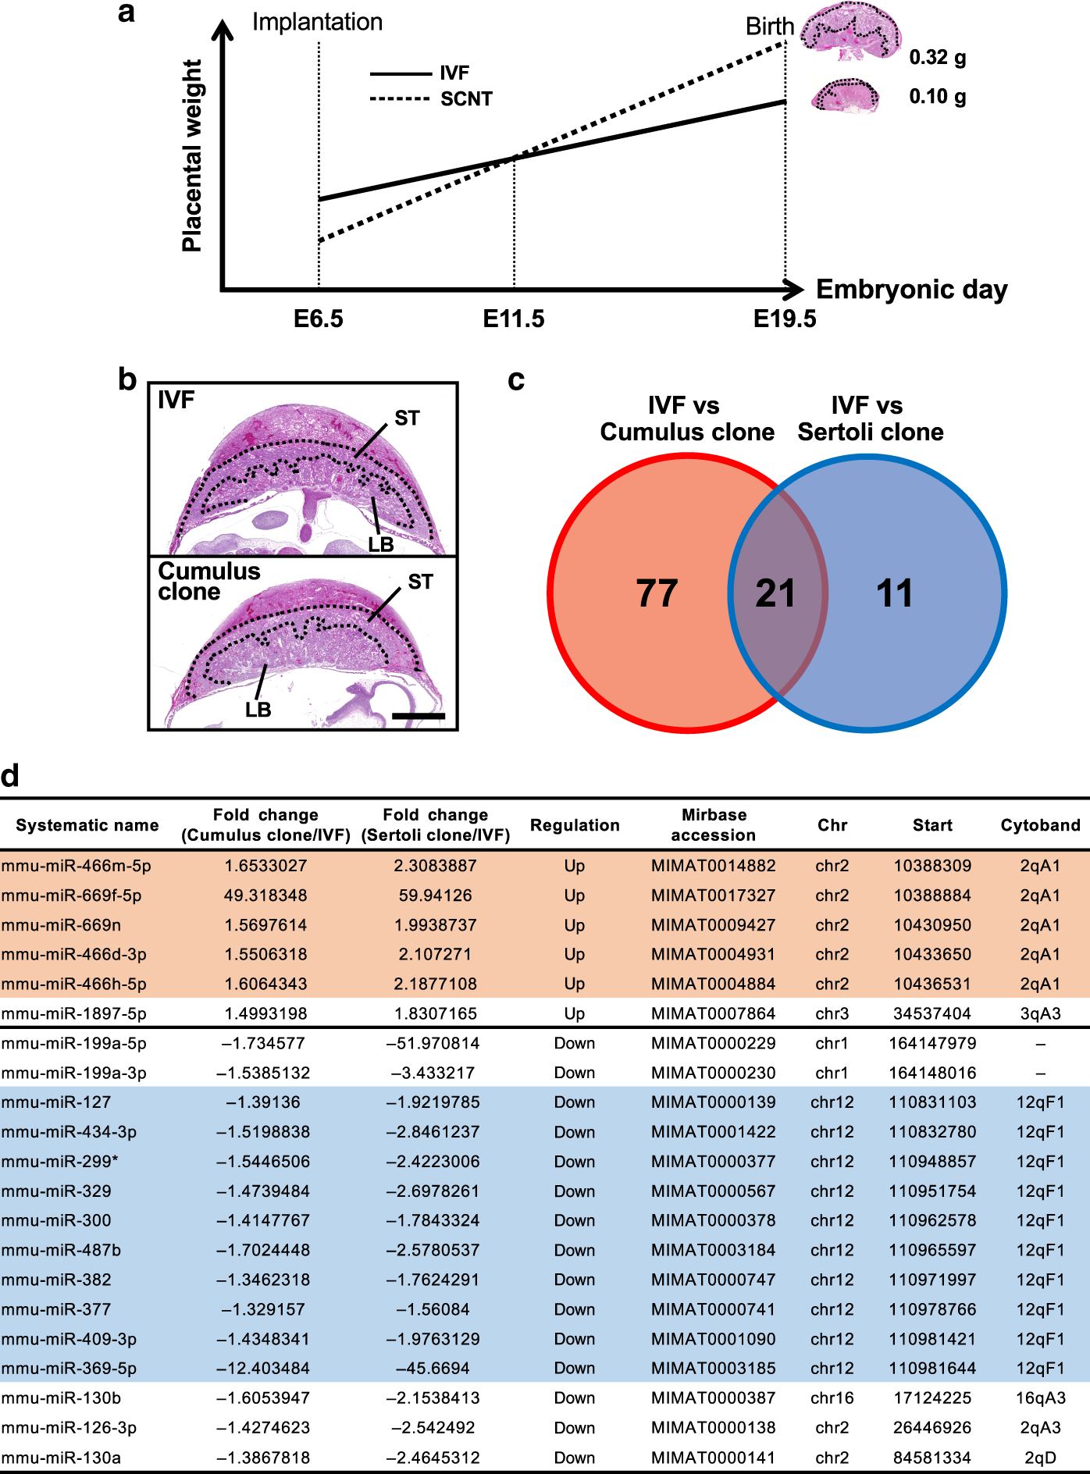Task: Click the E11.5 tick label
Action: (x=513, y=319)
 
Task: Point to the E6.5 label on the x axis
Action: (x=318, y=319)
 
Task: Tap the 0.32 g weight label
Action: (x=937, y=57)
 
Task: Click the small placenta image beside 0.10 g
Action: (x=845, y=97)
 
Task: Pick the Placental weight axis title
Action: (x=192, y=156)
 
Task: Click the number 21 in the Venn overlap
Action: (x=775, y=593)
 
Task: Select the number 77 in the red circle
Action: (x=657, y=593)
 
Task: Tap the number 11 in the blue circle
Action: (x=894, y=593)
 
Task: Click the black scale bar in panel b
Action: (x=418, y=715)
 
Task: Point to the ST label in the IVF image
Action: (x=407, y=418)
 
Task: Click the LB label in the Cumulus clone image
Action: (x=258, y=710)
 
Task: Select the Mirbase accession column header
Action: (x=714, y=825)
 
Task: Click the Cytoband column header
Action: (x=1040, y=825)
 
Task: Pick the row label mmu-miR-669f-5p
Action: (x=72, y=895)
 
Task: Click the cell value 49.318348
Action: (x=265, y=895)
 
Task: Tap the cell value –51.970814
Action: (x=435, y=1043)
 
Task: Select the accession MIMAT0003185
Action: (x=714, y=1368)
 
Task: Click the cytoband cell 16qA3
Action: (x=1040, y=1397)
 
